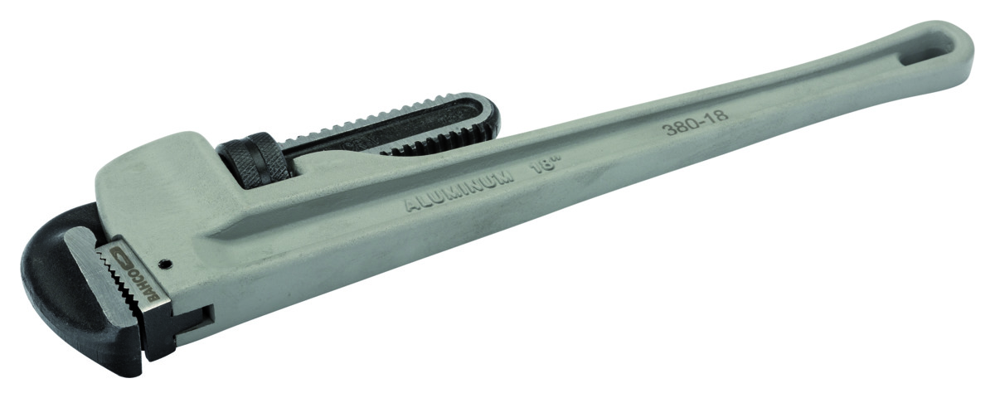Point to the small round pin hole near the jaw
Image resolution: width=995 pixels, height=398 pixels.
point(165,265)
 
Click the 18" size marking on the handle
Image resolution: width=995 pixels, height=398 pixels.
point(544,167)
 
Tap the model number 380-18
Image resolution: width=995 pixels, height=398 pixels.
point(695,123)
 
